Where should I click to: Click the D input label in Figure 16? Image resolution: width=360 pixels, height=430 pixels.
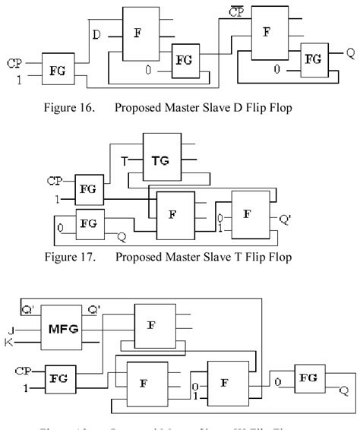[96, 35]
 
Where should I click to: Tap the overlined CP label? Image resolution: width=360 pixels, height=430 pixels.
[237, 12]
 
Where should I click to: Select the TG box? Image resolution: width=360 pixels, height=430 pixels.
[164, 161]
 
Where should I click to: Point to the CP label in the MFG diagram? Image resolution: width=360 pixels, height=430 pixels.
[24, 370]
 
